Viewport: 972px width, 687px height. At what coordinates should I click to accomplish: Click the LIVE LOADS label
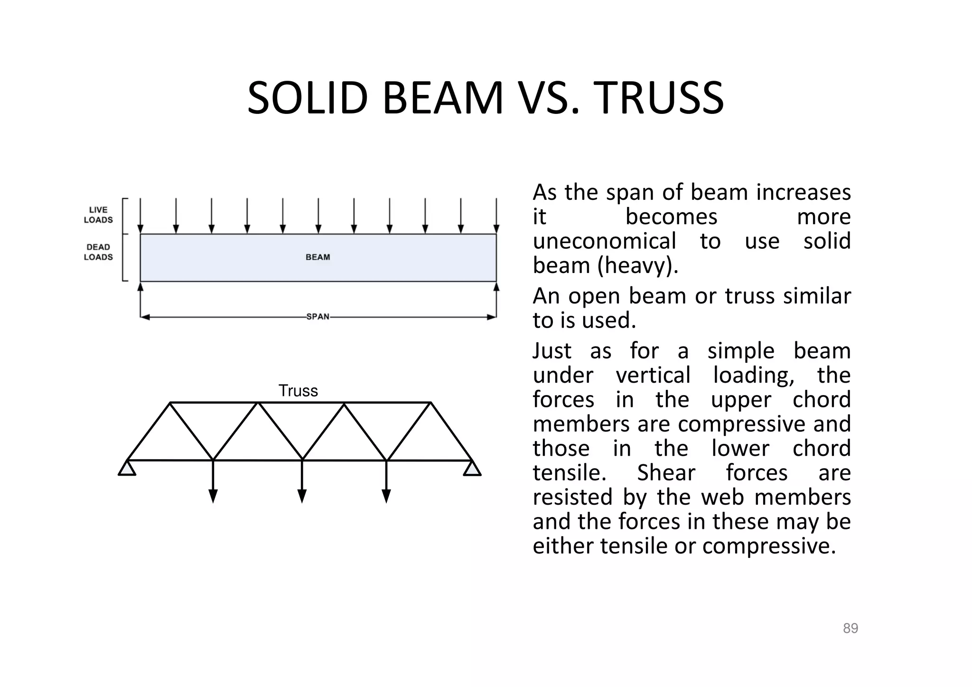click(x=98, y=215)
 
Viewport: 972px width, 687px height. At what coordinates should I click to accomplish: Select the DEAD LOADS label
click(x=98, y=252)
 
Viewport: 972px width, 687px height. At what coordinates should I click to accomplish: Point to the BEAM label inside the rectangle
click(x=318, y=257)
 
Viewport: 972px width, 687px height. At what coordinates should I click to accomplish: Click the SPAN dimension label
click(x=318, y=317)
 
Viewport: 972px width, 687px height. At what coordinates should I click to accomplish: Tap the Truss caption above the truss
click(x=298, y=391)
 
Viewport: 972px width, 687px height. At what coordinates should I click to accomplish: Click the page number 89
click(x=850, y=628)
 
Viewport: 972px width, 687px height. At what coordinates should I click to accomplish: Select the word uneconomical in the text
click(x=604, y=241)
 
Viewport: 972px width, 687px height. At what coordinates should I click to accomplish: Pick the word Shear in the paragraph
click(x=666, y=473)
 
